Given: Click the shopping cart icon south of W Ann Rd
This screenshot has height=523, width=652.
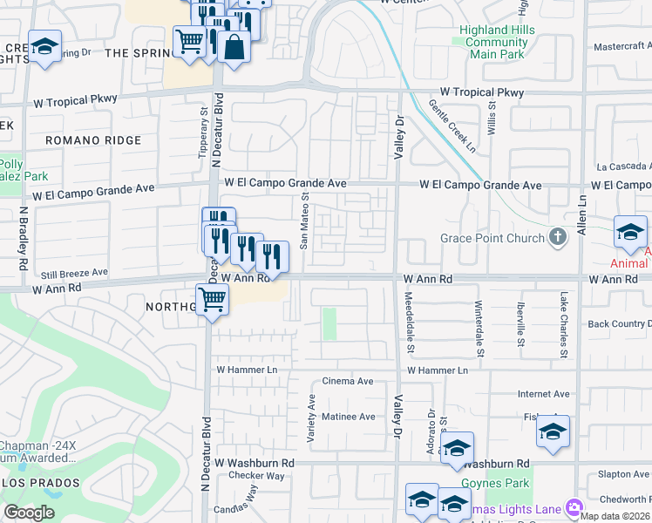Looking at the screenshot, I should [213, 300].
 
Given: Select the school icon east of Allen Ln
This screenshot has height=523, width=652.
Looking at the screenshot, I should [630, 232].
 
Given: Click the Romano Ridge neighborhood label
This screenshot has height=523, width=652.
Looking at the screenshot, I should [93, 140].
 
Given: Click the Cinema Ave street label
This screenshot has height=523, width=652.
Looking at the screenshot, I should [347, 382].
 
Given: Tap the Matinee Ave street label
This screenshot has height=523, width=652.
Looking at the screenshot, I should [348, 417].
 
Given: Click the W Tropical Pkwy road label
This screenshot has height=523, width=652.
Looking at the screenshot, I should [481, 92].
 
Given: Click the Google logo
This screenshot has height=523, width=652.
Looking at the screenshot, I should [29, 513].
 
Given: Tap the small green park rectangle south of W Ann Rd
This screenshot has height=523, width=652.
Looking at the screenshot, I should [329, 323].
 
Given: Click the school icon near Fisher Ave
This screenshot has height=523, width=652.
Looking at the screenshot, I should [553, 431].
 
